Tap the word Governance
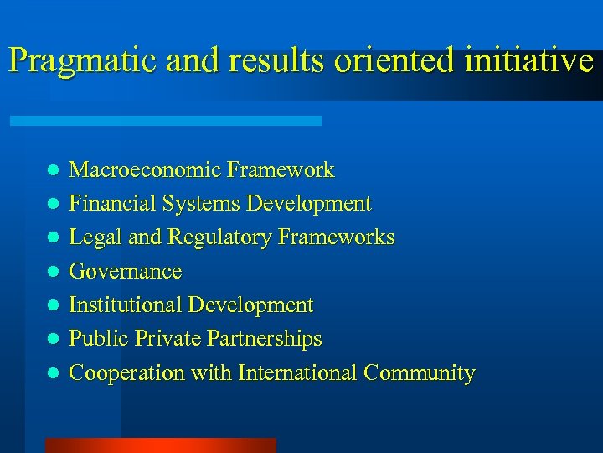[x=125, y=272]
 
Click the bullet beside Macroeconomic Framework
[x=51, y=170]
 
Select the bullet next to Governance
[x=51, y=272]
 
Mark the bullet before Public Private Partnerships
[x=51, y=339]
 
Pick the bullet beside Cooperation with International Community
[x=51, y=372]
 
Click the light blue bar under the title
[x=165, y=121]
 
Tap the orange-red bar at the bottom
[x=160, y=445]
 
